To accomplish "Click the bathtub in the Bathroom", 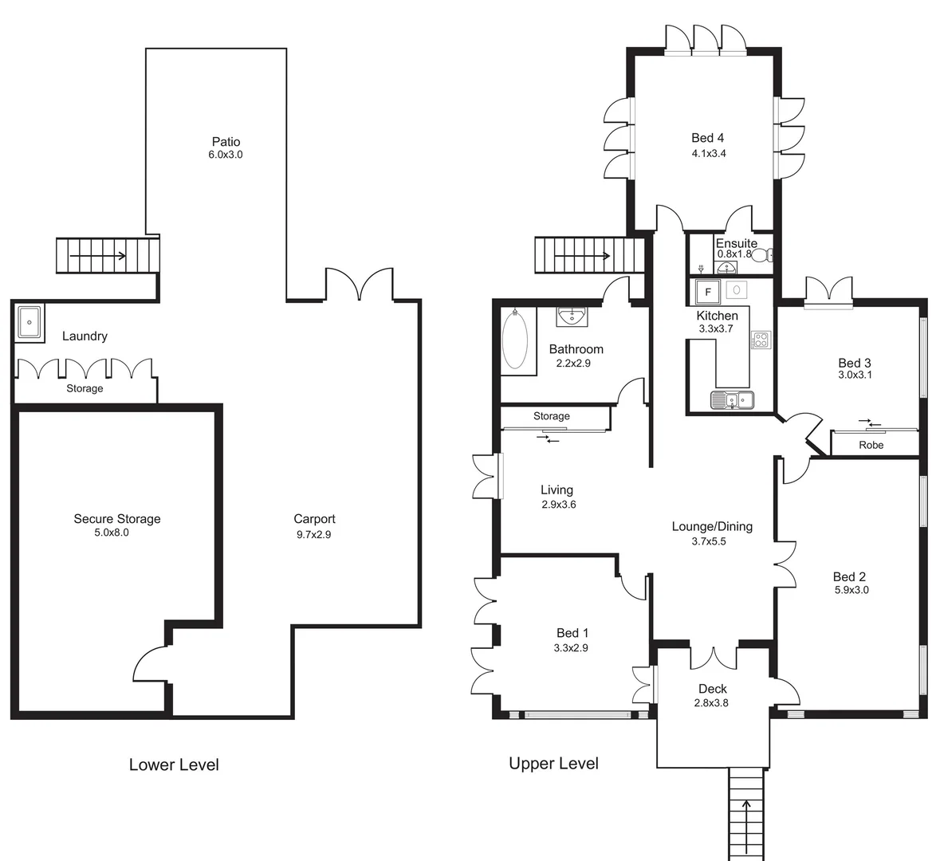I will click(x=518, y=340).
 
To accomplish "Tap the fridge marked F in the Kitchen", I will click(x=707, y=291).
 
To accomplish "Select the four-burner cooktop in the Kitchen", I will click(x=760, y=340).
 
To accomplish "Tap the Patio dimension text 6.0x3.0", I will click(x=225, y=155).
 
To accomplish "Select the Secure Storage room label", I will click(x=117, y=518).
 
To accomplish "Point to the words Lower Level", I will click(x=174, y=765).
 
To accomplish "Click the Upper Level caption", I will click(x=553, y=763).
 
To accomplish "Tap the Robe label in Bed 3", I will click(x=871, y=445).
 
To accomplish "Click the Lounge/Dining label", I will click(x=711, y=526).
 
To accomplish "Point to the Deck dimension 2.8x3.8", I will click(x=712, y=703).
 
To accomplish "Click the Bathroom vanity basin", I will click(x=572, y=316).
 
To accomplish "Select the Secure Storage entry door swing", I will click(x=151, y=666).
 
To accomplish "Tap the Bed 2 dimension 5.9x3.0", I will click(x=850, y=590).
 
